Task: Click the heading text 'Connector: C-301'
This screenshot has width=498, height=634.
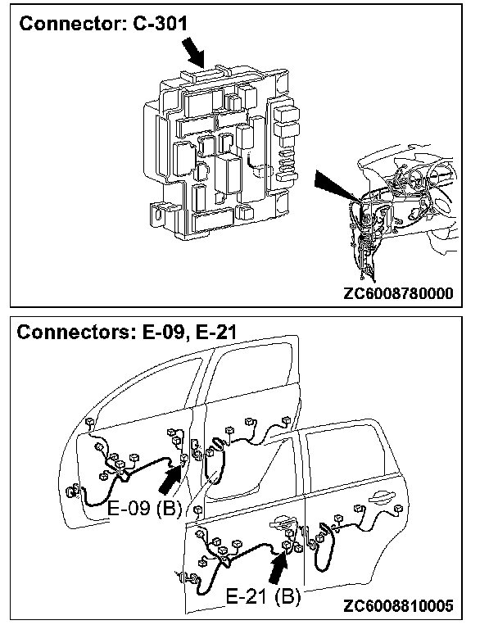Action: coord(103,24)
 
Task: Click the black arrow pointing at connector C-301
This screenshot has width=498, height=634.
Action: coord(193,53)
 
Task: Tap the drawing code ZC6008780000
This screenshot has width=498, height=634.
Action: coord(398,292)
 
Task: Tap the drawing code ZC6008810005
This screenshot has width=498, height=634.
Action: coord(398,605)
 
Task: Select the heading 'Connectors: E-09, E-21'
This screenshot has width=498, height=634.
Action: coord(126,333)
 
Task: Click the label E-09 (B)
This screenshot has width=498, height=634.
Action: coord(144,508)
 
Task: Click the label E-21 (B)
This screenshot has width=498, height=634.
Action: coord(263,596)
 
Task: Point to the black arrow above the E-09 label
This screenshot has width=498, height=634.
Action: coord(170,479)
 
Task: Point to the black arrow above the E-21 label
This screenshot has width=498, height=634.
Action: coord(278,568)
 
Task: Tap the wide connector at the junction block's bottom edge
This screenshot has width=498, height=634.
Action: coord(213,220)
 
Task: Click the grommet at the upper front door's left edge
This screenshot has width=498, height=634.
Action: coord(72,491)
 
